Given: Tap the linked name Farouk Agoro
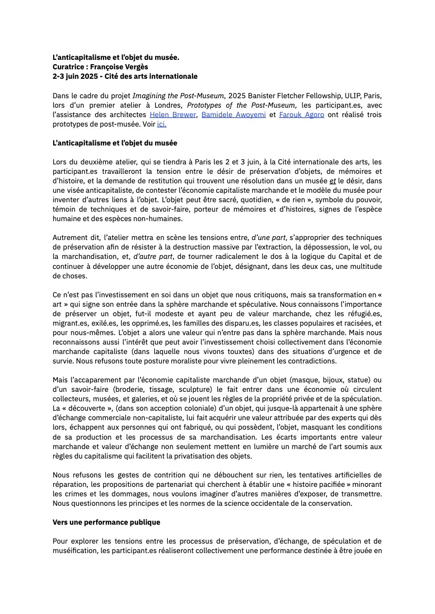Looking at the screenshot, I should click(302, 114).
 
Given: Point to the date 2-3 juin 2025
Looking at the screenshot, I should click(79, 76).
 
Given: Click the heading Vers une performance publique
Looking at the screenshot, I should click(106, 522).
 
